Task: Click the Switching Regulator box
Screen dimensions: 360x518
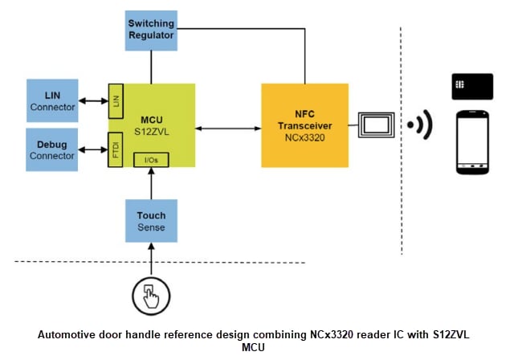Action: [x=151, y=29]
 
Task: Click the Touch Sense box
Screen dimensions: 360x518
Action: [x=151, y=221]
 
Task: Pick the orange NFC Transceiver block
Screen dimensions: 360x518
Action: [x=304, y=125]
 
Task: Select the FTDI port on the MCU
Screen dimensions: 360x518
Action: [x=116, y=149]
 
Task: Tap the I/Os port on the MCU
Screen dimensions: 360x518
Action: [x=151, y=160]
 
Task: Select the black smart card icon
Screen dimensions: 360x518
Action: [x=472, y=86]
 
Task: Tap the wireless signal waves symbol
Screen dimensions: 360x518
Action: [x=420, y=125]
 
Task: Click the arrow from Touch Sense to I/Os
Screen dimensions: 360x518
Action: [x=151, y=184]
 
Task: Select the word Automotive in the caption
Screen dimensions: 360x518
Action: [x=67, y=332]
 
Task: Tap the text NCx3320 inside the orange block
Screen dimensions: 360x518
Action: [x=304, y=137]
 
